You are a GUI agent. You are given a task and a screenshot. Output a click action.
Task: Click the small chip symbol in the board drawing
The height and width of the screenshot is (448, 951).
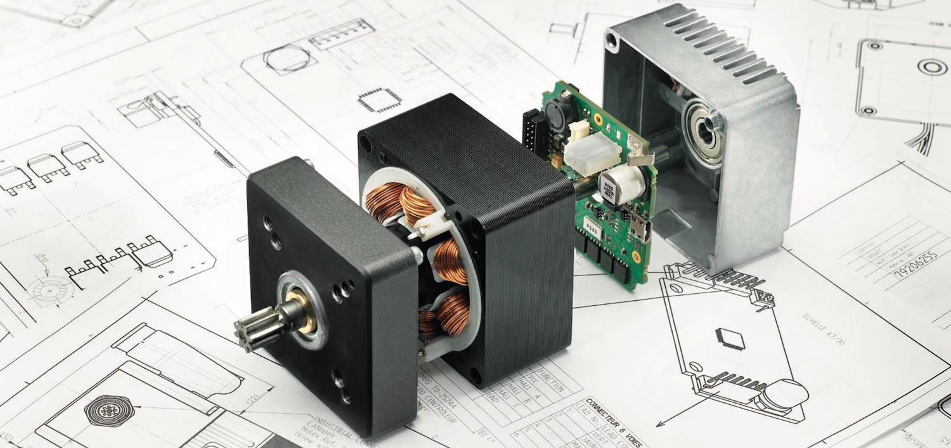726,336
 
